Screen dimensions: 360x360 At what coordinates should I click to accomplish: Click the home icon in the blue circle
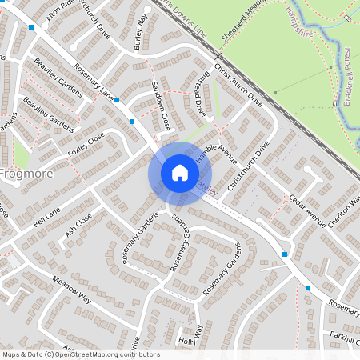point(179,173)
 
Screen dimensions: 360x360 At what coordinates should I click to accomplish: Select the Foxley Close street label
point(87,143)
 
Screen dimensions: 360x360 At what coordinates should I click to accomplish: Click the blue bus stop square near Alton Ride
point(31,27)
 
